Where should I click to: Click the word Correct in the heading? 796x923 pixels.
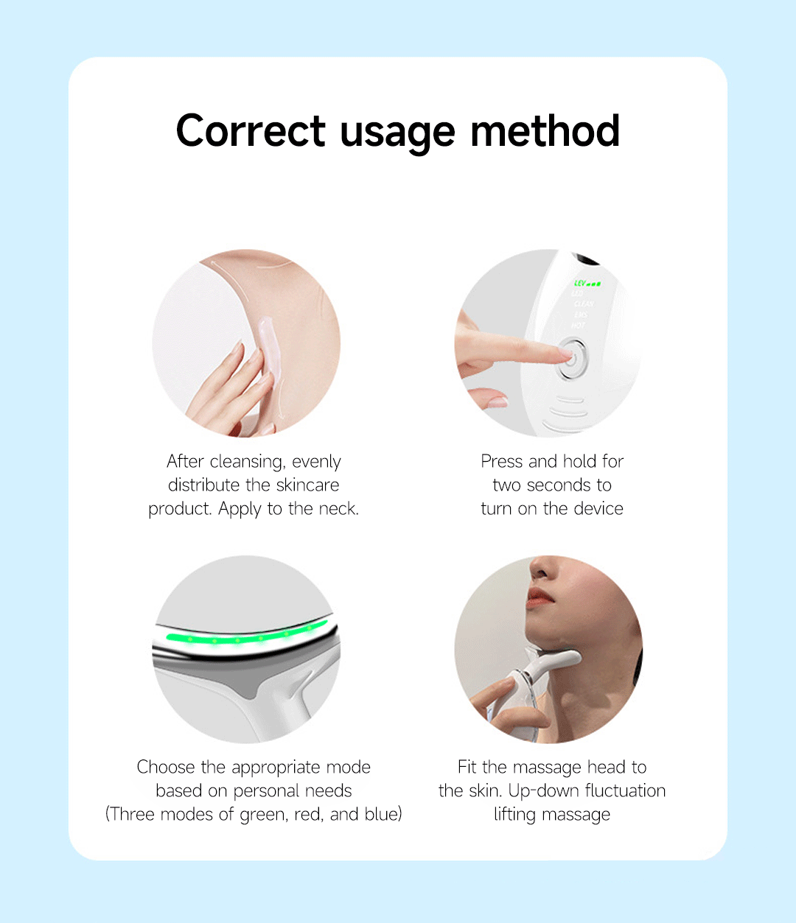[251, 131]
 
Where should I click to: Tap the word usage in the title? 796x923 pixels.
[397, 134]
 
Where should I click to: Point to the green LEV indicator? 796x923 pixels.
[587, 283]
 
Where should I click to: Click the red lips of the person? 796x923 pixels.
[540, 598]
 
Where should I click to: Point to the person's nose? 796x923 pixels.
[541, 568]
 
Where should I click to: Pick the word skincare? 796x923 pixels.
[308, 485]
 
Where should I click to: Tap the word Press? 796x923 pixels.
[502, 461]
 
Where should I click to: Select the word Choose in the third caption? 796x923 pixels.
[166, 767]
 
